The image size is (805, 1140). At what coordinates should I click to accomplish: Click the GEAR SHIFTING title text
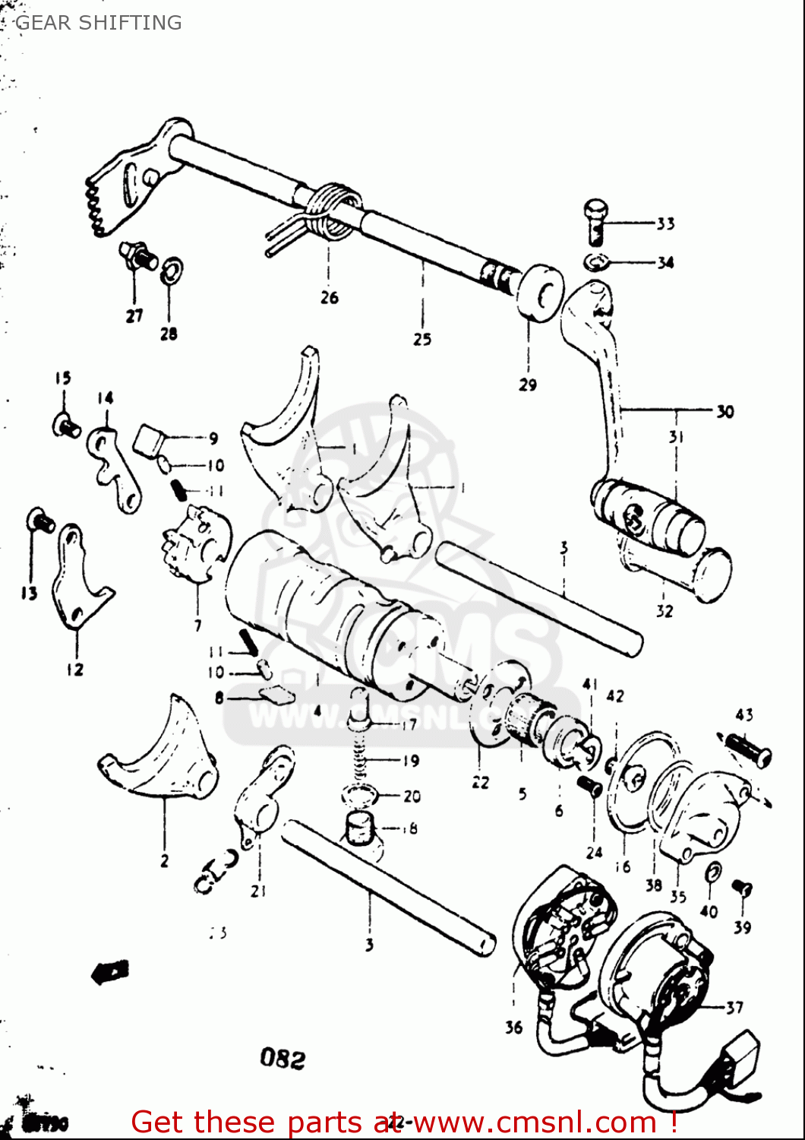click(99, 23)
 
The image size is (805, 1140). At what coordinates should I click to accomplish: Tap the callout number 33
click(665, 223)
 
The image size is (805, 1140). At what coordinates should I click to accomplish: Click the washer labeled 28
click(172, 270)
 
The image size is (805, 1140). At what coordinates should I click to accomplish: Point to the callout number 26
click(329, 297)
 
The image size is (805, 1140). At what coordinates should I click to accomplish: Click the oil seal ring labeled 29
click(540, 293)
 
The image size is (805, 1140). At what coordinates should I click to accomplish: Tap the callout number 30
click(724, 411)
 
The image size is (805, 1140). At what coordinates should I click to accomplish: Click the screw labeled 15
click(66, 426)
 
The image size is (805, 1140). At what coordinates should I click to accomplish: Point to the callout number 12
click(74, 670)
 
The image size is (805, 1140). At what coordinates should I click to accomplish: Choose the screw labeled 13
click(39, 521)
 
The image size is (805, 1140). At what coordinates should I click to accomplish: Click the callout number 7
click(197, 625)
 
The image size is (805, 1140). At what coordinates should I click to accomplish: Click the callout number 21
click(258, 890)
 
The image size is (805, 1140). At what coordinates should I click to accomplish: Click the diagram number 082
click(283, 1058)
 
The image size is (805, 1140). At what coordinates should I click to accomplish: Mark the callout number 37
click(734, 1008)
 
